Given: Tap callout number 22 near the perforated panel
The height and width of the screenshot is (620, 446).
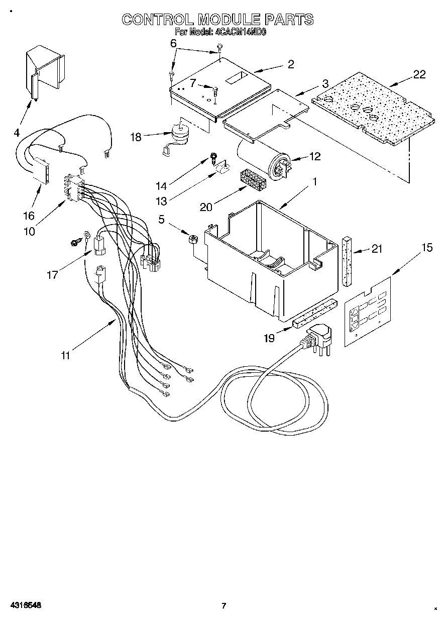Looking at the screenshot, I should click(x=419, y=74).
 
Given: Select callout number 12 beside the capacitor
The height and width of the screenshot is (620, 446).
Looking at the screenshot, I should click(x=314, y=157).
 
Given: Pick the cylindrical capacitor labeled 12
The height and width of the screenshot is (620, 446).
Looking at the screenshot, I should click(x=261, y=160).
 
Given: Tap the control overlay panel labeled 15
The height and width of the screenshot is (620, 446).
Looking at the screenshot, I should click(x=368, y=312).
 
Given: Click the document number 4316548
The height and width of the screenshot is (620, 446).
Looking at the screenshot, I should click(x=24, y=605).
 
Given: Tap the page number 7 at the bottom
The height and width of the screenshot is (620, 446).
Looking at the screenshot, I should click(x=224, y=605).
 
